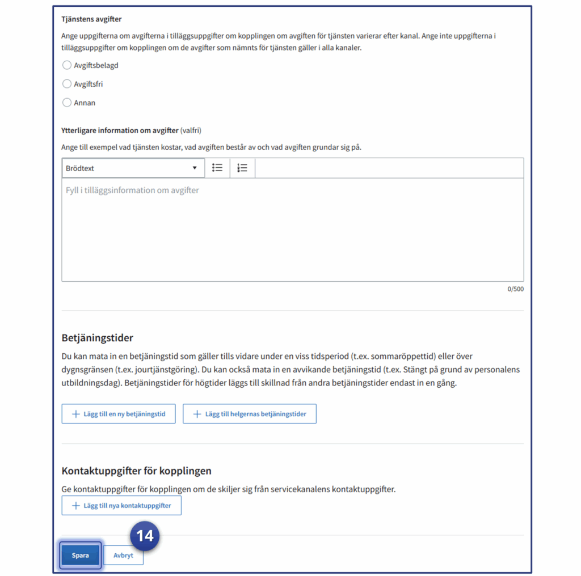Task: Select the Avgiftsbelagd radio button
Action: tap(67, 65)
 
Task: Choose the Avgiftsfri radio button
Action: tap(67, 84)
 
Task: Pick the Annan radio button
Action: tap(67, 103)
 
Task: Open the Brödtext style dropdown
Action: tap(133, 168)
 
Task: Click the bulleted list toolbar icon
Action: tap(217, 168)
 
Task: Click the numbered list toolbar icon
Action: tap(242, 168)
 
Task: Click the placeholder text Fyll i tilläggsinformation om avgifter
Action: tap(132, 190)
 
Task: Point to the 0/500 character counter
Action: tap(515, 289)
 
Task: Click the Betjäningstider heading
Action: tap(97, 338)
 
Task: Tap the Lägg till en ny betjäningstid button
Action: tap(119, 414)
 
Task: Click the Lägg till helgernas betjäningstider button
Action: tap(249, 414)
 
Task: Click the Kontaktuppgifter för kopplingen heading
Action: tap(136, 471)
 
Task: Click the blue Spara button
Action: tap(80, 556)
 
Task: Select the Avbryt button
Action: tap(123, 556)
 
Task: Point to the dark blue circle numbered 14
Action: tap(145, 536)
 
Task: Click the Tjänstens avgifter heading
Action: tap(91, 19)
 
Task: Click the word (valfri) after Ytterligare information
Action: tap(191, 130)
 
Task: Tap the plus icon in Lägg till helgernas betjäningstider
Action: tap(197, 414)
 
